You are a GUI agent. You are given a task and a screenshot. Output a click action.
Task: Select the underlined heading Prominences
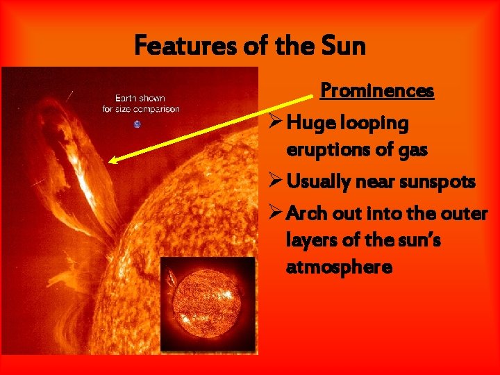point(377,91)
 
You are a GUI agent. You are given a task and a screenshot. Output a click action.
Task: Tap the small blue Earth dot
point(137,124)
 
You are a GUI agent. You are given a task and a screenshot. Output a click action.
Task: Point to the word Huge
point(310,124)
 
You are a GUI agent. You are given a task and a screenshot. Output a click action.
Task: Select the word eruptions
point(324,149)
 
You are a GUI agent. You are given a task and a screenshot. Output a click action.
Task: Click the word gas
point(411,149)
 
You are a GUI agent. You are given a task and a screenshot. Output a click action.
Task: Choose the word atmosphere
point(339,267)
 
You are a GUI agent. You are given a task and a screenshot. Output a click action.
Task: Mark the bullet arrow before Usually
point(274,182)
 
